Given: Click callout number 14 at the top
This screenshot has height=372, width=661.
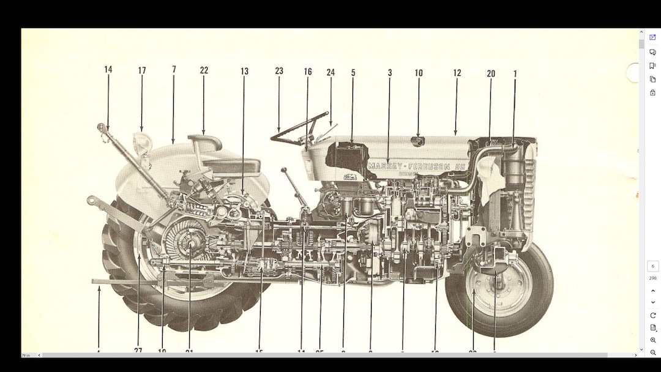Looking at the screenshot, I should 108,70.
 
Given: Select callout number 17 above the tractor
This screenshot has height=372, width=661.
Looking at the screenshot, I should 142,71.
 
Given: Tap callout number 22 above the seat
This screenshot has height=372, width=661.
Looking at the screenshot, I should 204,70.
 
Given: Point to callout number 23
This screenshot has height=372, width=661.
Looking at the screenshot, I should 279,71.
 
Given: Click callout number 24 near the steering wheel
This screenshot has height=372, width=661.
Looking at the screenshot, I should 330,72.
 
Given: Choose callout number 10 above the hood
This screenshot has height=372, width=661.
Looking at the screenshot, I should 419,73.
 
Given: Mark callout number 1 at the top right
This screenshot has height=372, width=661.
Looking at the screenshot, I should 515,73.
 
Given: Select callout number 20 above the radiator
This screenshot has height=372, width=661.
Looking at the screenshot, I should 491,73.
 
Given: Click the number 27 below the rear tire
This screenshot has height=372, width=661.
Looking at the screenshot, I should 138,351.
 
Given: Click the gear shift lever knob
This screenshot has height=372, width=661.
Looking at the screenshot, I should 283,171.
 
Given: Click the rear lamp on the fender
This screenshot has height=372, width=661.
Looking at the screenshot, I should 142,142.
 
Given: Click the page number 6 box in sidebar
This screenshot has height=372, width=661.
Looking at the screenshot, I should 652,266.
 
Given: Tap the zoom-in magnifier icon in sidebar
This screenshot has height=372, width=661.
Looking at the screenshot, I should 653,340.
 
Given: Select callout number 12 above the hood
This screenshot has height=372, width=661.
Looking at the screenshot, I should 457,73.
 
